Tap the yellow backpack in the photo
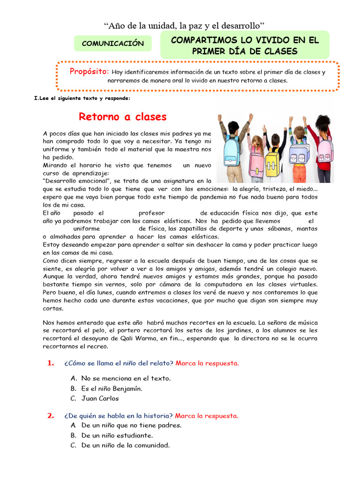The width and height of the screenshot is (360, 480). point(273,161)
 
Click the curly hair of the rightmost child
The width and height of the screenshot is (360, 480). point(323,123)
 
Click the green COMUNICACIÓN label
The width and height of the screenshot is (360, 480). point(112,43)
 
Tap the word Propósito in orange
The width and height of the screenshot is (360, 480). point(89,71)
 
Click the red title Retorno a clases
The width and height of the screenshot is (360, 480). point(122,116)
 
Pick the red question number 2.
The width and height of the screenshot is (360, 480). point(51,416)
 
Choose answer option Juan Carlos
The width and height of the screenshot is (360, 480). point(100,398)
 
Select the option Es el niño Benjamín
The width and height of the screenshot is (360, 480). point(112,388)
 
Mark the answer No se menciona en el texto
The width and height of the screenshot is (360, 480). point(126,378)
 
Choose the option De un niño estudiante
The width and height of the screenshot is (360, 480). point(117,435)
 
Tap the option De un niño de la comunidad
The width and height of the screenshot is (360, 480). point(125,445)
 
